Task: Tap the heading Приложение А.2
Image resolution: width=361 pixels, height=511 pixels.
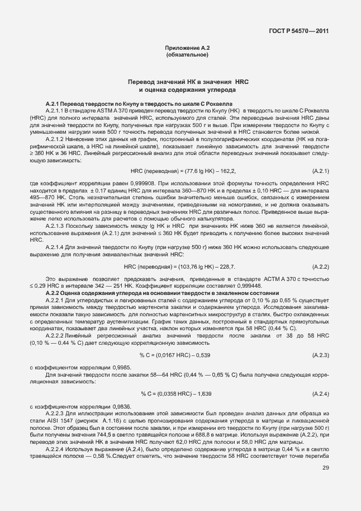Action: [x=187, y=49]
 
